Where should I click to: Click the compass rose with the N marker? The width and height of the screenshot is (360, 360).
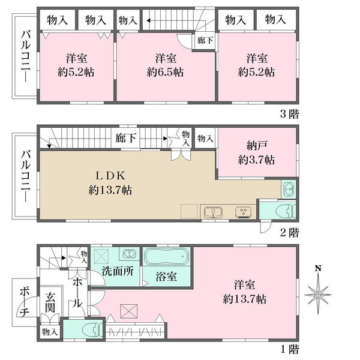coord(319,292)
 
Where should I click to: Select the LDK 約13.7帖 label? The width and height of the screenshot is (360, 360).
coord(110,183)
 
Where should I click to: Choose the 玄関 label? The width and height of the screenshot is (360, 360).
coord(50,302)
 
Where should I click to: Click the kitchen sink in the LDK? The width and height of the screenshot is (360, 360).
coord(212,212)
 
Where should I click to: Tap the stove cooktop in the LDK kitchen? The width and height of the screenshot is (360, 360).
coord(244,212)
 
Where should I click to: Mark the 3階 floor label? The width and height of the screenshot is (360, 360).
coord(288,113)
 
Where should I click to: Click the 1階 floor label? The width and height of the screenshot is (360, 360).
coord(288,349)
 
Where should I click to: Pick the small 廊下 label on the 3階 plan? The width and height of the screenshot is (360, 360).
coord(204,40)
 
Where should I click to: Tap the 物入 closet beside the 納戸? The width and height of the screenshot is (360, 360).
coord(205,139)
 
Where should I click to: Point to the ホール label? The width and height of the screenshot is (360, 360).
coord(78,292)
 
